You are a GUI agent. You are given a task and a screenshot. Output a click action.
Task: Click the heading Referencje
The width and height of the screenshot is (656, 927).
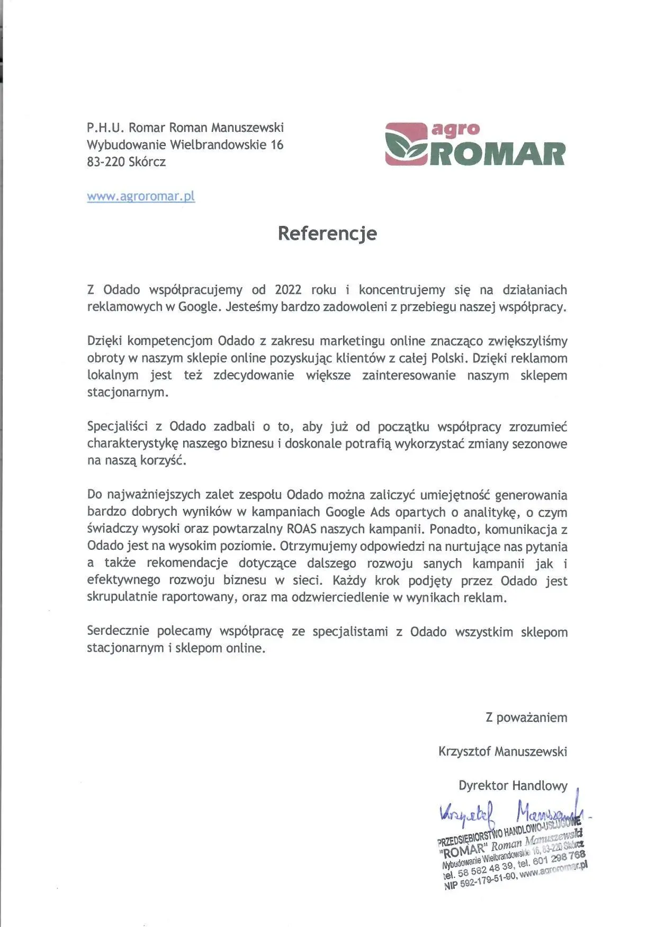coord(327,233)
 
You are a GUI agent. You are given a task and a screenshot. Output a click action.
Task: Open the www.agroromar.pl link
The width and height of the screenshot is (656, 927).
coord(141,196)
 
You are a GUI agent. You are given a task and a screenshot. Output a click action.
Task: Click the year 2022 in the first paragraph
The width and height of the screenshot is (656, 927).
coord(288,290)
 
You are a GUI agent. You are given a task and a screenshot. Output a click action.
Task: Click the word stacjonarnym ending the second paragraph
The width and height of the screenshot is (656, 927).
coord(127,393)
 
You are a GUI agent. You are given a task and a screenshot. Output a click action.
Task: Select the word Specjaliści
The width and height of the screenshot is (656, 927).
coord(117,426)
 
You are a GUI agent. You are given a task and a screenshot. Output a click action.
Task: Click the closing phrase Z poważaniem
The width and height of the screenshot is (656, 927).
coord(526,717)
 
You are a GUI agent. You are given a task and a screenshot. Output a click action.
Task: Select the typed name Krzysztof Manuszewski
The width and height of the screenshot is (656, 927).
coord(502,751)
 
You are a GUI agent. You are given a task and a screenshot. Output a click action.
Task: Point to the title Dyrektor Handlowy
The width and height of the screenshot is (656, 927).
coord(513,786)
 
